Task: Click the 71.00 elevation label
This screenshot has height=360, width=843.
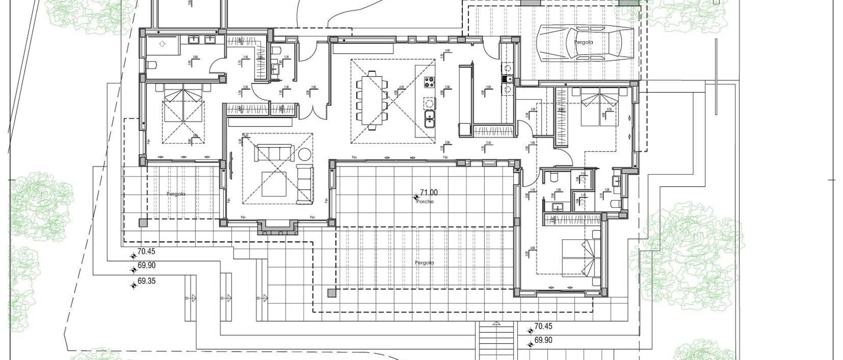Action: pyautogui.click(x=429, y=192)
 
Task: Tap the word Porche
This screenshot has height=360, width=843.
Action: pyautogui.click(x=425, y=202)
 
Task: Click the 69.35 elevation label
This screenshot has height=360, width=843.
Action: pyautogui.click(x=146, y=281)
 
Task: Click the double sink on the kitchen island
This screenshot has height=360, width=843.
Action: pyautogui.click(x=429, y=117)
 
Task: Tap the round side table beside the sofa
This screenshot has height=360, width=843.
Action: pyautogui.click(x=305, y=155)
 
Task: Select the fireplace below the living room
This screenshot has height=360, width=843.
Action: pyautogui.click(x=277, y=227)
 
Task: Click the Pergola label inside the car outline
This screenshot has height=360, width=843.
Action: pyautogui.click(x=584, y=43)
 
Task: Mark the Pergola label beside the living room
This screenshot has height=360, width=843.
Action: pyautogui.click(x=176, y=194)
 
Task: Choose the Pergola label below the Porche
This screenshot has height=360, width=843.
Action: pyautogui.click(x=424, y=263)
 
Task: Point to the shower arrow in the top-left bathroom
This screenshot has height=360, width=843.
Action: pyautogui.click(x=162, y=43)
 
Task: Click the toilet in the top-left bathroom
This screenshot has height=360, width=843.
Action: pyautogui.click(x=151, y=65)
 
